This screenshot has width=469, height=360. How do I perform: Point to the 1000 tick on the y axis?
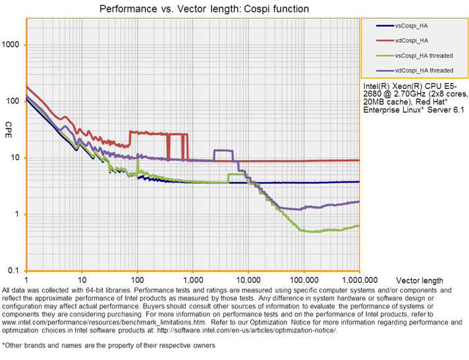[13, 45]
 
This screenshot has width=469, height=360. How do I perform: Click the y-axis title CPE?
[9, 125]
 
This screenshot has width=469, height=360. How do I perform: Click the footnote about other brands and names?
[109, 345]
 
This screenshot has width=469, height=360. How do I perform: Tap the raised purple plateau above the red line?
[223, 151]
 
